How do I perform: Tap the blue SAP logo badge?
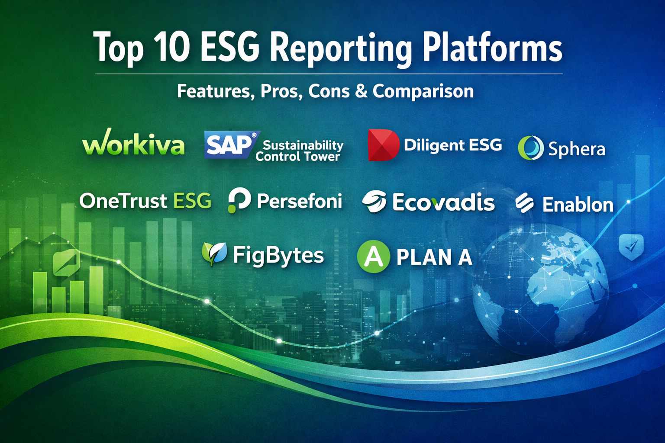pyautogui.click(x=232, y=144)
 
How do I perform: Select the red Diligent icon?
pyautogui.click(x=383, y=145)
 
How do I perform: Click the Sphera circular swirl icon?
pyautogui.click(x=530, y=148)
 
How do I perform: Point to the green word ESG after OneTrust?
pyautogui.click(x=192, y=201)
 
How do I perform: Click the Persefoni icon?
pyautogui.click(x=239, y=200)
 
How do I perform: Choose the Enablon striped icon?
pyautogui.click(x=525, y=203)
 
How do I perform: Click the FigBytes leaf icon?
pyautogui.click(x=214, y=253)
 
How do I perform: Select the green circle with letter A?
pyautogui.click(x=374, y=257)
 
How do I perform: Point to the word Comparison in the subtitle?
pyautogui.click(x=423, y=91)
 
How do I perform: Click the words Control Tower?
pyautogui.click(x=297, y=156)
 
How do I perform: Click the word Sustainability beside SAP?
pyautogui.click(x=303, y=145)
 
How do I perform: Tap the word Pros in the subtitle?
pyautogui.click(x=279, y=91)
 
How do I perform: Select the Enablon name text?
pyautogui.click(x=578, y=205)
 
